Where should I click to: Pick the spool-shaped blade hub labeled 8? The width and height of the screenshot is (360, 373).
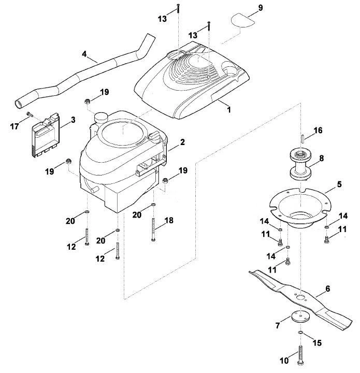click(301, 164)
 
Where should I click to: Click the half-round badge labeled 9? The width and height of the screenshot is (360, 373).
click(242, 20)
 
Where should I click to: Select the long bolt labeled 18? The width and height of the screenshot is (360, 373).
click(153, 229)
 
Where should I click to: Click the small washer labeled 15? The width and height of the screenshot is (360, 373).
click(300, 332)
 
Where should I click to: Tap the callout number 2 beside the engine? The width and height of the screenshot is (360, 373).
click(182, 142)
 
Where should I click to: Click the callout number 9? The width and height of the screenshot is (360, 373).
click(261, 8)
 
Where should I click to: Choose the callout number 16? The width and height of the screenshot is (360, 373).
click(318, 131)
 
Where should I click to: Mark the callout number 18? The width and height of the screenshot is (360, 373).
click(169, 221)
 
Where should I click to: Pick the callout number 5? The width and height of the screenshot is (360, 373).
click(339, 184)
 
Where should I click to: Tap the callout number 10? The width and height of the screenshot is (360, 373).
click(284, 361)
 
